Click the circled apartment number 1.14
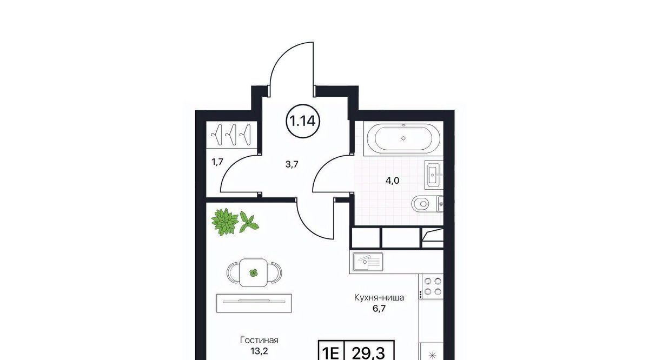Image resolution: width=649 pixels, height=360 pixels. point(303,121)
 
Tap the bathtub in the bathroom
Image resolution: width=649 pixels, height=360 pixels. point(403,138)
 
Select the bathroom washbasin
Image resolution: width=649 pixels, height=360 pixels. point(434,175)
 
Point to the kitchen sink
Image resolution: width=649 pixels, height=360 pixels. point(368,262)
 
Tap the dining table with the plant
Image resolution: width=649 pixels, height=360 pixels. point(254,272)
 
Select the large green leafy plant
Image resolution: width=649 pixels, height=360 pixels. point(225,222)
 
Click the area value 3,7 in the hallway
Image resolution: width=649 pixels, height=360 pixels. point(292,164)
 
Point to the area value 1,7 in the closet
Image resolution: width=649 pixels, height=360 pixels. point(217,162)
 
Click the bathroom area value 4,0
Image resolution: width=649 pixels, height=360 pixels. point(392,181)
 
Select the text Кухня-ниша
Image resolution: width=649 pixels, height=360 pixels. point(379,297)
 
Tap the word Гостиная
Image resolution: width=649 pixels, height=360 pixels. point(259,340)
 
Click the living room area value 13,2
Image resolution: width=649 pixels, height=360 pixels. point(259,351)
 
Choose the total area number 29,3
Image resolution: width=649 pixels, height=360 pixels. point(368,353)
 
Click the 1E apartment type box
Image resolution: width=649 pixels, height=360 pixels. point(330,350)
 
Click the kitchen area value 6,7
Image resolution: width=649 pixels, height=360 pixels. point(379,309)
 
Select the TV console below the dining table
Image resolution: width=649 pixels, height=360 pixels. point(254,303)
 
